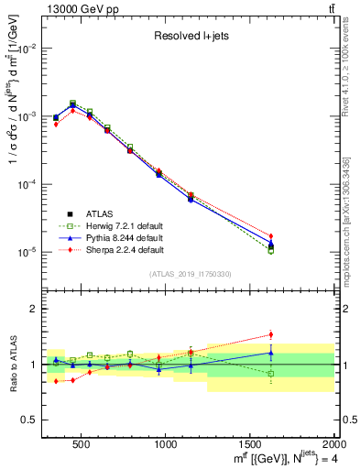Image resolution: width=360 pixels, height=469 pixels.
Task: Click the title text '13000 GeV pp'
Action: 78,8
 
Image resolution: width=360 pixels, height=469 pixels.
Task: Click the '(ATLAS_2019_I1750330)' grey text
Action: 190,274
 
